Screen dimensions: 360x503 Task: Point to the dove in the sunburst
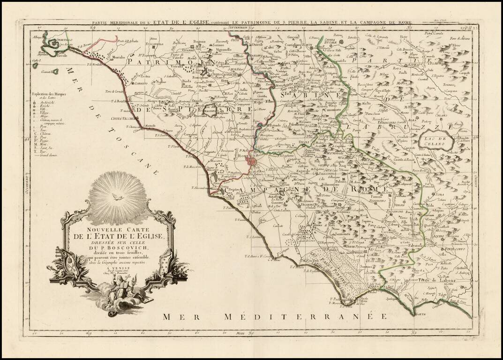click(117, 197)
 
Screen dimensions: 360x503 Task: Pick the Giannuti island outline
click(55, 72)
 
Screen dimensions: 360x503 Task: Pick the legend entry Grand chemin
click(48, 155)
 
